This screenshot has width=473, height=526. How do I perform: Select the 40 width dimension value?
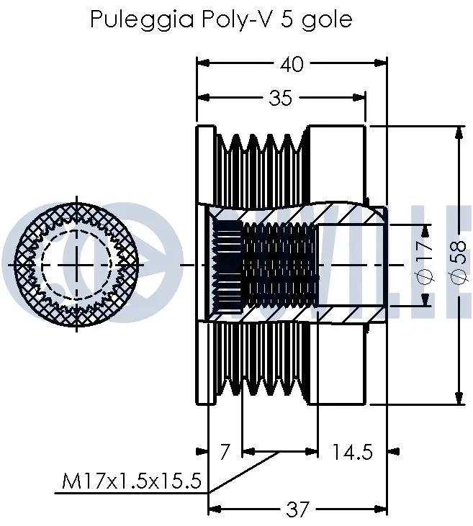pos(292,64)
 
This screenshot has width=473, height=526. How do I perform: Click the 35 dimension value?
pos(280,97)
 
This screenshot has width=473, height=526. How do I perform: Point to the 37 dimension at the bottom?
pos(297,509)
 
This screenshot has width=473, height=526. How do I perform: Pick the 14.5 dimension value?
pos(352,452)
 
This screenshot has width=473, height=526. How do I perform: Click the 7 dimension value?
pos(224,452)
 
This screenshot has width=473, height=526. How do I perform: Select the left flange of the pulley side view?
pos(205,264)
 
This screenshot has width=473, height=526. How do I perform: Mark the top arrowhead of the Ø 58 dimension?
pos(459,131)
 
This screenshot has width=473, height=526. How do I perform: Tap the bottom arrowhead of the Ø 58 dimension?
pos(459,399)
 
